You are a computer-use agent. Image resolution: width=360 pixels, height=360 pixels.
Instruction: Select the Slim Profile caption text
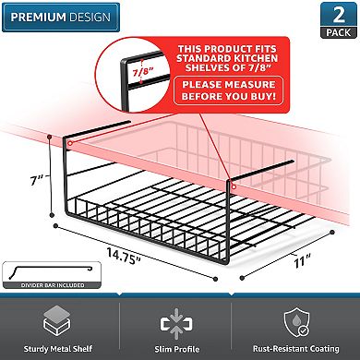[180, 349]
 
